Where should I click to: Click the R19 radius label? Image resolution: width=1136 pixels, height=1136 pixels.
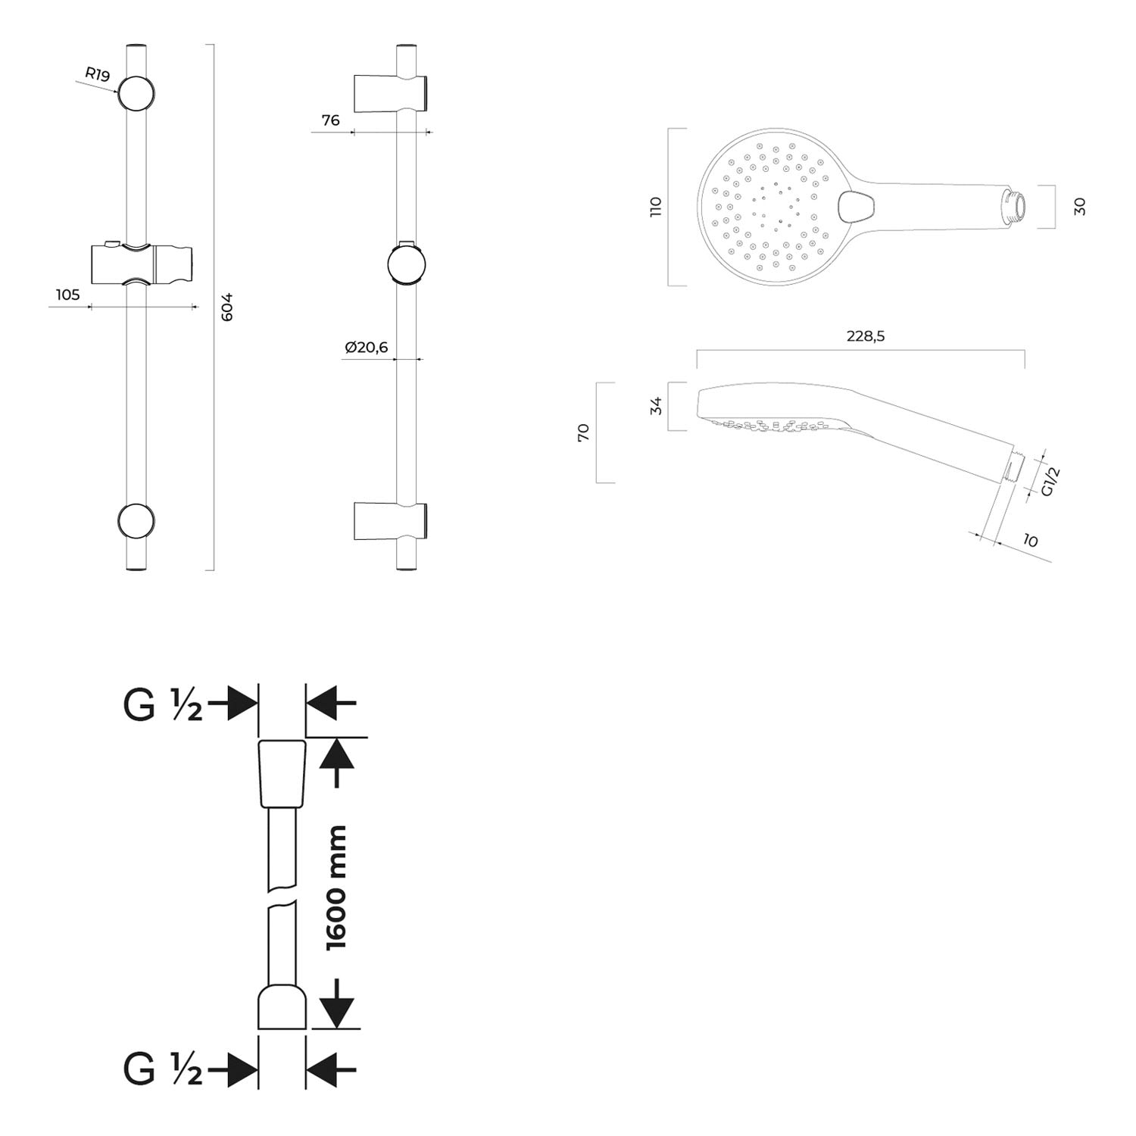tap(98, 74)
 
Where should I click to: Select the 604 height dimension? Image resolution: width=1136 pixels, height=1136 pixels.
tap(227, 306)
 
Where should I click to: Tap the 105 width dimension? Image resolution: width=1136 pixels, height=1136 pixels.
tap(67, 295)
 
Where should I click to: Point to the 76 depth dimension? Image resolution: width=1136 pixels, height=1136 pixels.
tap(330, 120)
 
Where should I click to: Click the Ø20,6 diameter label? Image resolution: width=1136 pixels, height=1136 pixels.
tap(366, 347)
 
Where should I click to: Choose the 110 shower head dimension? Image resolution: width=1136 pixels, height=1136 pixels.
tap(656, 207)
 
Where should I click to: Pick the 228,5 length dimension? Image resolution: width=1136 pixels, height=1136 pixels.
tap(866, 336)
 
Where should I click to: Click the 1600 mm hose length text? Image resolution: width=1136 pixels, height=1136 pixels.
tap(335, 888)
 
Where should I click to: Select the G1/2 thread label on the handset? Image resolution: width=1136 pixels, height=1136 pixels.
tap(1050, 482)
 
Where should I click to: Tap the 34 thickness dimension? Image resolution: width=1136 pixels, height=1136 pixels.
tap(657, 406)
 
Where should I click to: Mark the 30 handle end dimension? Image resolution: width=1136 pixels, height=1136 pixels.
tap(1080, 206)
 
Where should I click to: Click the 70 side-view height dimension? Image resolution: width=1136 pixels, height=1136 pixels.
tap(583, 432)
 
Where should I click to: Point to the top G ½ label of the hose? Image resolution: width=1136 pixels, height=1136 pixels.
tap(163, 705)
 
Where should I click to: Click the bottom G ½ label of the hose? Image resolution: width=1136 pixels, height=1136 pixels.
tap(163, 1069)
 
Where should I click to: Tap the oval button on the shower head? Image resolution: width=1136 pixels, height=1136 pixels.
tap(857, 206)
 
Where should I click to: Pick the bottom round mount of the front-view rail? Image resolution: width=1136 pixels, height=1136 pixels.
tap(137, 521)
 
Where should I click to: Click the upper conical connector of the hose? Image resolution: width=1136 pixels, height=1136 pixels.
tap(282, 775)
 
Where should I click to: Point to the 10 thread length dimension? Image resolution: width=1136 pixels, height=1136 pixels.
tap(1029, 540)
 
